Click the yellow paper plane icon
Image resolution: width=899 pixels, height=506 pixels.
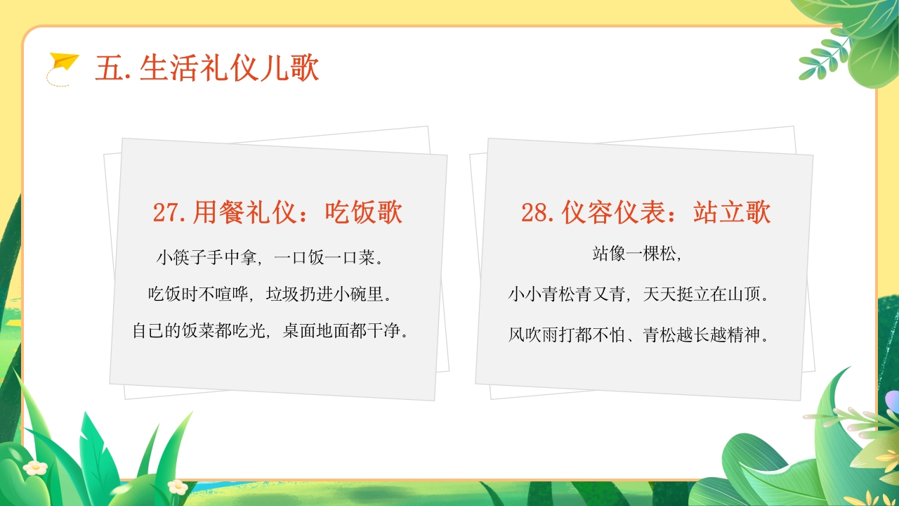pyautogui.click(x=64, y=63)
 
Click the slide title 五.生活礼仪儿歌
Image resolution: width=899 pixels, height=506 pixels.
pyautogui.click(x=207, y=69)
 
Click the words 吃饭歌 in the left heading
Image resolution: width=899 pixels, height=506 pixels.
pyautogui.click(x=364, y=212)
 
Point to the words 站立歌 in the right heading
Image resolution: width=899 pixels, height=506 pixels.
pyautogui.click(x=732, y=212)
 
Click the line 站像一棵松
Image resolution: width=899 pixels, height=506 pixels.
pyautogui.click(x=638, y=254)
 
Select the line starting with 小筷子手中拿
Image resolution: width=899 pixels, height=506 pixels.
pyautogui.click(x=270, y=258)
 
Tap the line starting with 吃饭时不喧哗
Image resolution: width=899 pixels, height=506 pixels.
pyautogui.click(x=270, y=294)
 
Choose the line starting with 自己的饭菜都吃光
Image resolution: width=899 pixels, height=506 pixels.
pyautogui.click(x=271, y=330)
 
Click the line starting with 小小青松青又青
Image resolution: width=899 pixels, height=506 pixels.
pyautogui.click(x=638, y=294)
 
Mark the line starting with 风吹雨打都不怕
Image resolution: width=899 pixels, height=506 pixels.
pyautogui.click(x=638, y=335)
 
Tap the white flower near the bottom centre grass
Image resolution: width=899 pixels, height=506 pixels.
pyautogui.click(x=178, y=486)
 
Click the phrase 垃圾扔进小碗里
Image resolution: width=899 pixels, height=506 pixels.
pyautogui.click(x=328, y=294)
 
